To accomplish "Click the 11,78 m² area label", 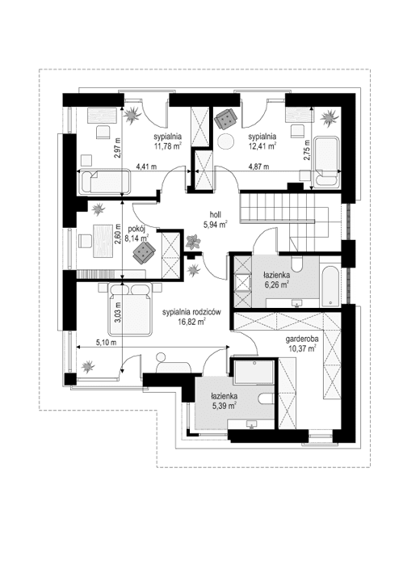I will click(166, 146).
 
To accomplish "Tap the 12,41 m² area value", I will click(263, 146).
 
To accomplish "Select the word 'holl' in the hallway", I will click(215, 215).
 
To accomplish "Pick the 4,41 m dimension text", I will click(145, 167).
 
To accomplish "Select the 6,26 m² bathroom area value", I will click(277, 285).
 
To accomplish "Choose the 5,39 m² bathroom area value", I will click(224, 406).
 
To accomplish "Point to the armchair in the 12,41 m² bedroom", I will click(225, 119).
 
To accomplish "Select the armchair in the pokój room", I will click(143, 254).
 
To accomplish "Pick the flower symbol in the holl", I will click(194, 241).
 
